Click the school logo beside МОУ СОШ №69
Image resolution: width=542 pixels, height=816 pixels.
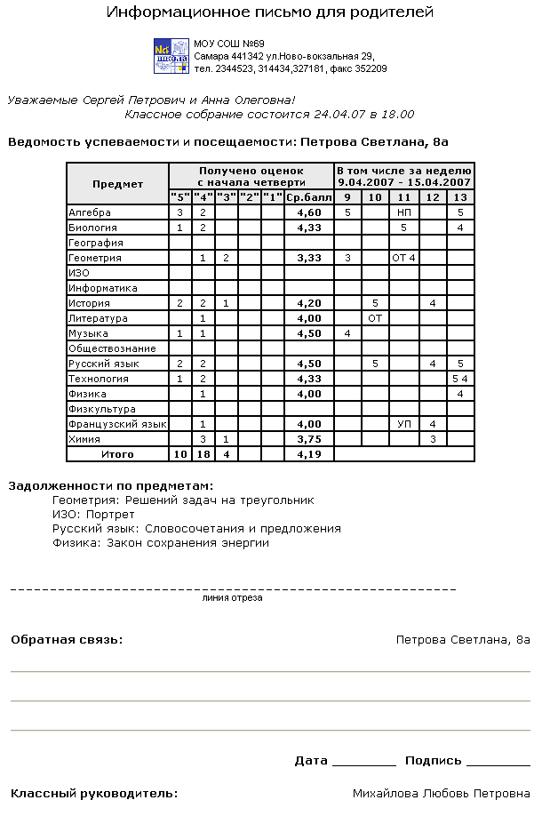tap(171, 56)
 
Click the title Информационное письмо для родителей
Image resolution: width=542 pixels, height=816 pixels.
tap(270, 12)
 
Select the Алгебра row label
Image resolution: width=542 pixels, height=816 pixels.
tap(90, 212)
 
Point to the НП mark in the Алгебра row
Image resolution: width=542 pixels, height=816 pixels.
tap(404, 212)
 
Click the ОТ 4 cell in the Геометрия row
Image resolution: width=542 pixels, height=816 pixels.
tap(404, 258)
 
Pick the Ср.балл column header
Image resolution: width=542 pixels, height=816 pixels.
tap(308, 196)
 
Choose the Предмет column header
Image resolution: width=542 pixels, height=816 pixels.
tap(117, 184)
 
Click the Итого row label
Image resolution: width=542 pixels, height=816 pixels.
tap(117, 454)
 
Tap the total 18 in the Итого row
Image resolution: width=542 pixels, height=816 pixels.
tap(203, 454)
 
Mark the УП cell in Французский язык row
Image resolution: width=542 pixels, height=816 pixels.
tap(404, 424)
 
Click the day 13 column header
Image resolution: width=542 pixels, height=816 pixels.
tap(460, 196)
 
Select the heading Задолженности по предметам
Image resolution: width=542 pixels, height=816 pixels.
tap(111, 486)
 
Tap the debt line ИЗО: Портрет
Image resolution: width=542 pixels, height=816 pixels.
tap(93, 515)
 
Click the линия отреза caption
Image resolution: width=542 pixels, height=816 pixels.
tap(233, 598)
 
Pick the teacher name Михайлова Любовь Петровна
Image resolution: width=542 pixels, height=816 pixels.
tap(441, 793)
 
